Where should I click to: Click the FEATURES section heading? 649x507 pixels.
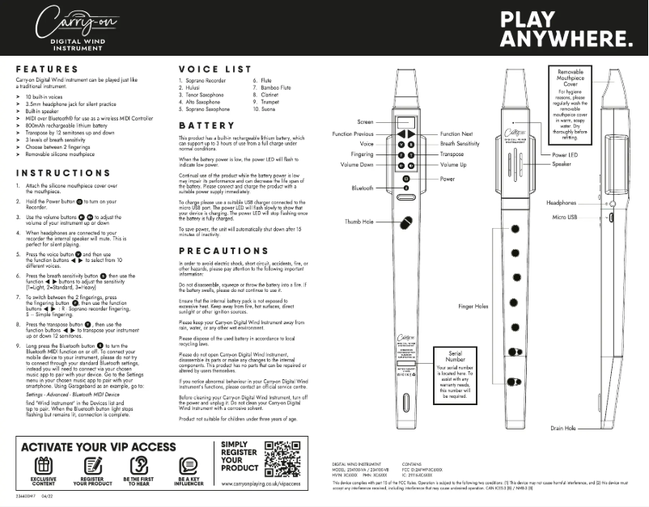point(46,70)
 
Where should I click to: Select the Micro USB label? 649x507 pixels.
point(569,218)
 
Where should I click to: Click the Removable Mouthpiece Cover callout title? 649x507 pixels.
point(575,78)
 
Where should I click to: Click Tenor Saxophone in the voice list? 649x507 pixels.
point(203,94)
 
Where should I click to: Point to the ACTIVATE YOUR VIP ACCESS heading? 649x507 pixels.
point(98,446)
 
